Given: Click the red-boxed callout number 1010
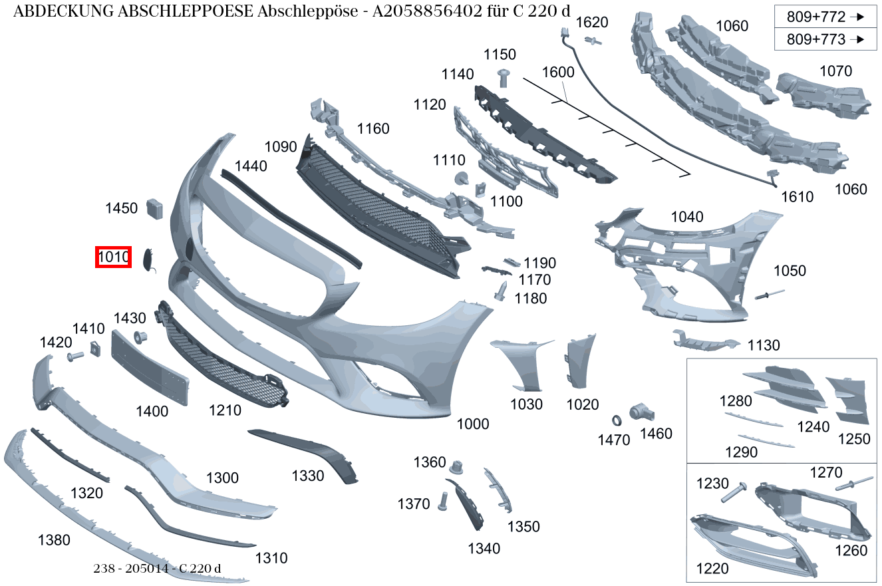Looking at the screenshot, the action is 113,257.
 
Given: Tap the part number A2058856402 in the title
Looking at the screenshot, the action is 427,11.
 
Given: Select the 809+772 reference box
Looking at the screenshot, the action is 825,17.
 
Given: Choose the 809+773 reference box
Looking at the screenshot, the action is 825,39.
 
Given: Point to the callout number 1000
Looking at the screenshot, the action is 472,424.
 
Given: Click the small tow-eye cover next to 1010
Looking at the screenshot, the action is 149,260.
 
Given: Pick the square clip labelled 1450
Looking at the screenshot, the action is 154,209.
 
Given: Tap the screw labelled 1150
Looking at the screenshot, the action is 504,78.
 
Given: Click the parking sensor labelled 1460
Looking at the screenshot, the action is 641,412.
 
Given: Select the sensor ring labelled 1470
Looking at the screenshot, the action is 617,420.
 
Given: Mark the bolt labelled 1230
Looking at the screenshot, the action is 734,492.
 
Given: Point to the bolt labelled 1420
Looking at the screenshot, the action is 75,357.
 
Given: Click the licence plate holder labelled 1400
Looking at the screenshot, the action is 150,368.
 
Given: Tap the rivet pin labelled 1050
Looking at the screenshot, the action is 770,294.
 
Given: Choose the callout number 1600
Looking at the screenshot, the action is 558,73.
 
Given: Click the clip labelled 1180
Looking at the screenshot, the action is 501,291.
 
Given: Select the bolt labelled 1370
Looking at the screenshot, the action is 443,502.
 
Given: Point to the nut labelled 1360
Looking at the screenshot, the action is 456,467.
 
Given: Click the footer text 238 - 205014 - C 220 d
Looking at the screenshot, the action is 157,569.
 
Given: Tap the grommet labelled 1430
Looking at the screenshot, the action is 140,337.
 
